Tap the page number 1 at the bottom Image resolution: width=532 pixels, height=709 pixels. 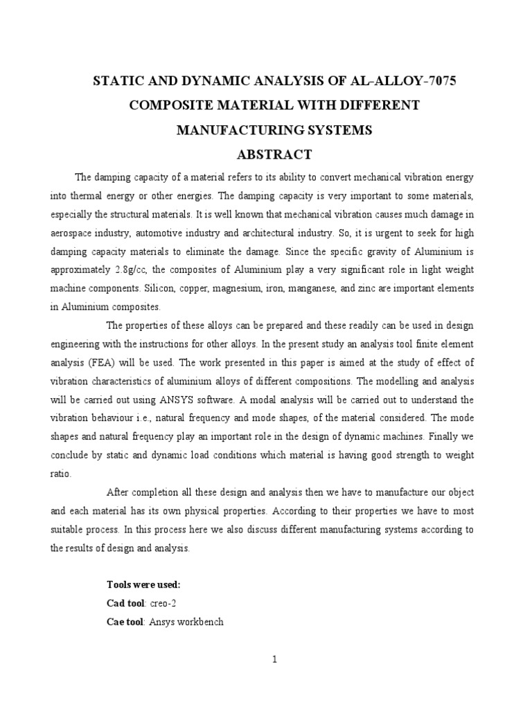coord(274,660)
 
